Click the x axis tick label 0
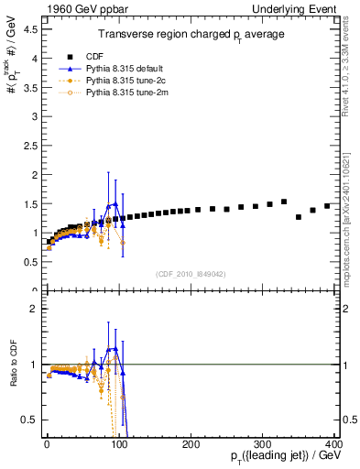coord(47,444)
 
